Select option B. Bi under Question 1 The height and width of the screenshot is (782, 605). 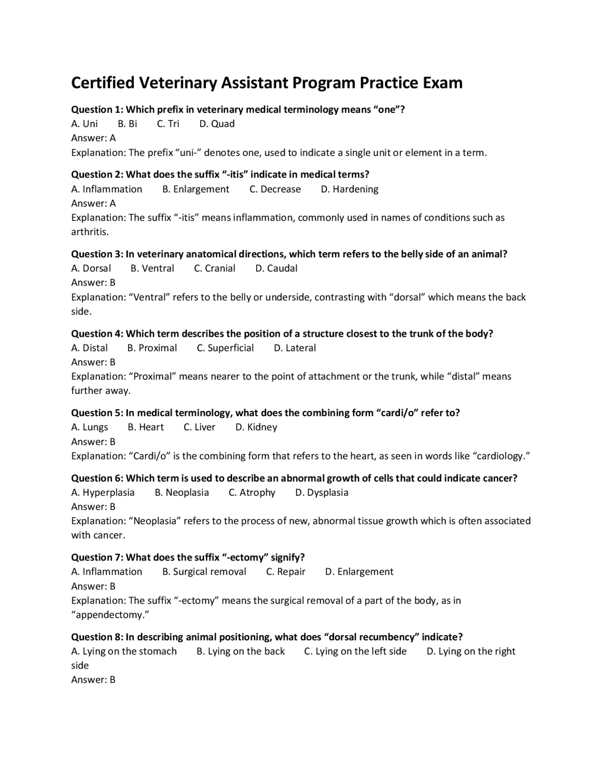click(127, 124)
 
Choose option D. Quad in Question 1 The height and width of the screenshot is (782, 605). click(217, 124)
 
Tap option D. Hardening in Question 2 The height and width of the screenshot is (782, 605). click(349, 189)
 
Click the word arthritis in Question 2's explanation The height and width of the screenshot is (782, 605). click(89, 232)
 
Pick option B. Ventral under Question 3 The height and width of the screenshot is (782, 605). click(152, 268)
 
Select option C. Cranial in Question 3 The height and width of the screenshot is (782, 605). click(215, 268)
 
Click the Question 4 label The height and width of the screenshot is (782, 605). click(97, 334)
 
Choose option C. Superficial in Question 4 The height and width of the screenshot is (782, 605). click(225, 348)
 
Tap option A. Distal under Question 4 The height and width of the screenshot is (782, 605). click(89, 348)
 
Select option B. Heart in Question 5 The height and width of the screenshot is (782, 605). click(146, 427)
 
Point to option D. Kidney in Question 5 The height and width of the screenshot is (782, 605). click(256, 427)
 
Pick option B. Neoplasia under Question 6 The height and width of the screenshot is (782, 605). click(181, 493)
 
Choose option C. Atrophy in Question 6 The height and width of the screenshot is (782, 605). click(252, 493)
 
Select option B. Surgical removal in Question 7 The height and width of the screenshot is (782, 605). click(204, 572)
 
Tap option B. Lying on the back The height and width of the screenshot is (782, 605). click(241, 651)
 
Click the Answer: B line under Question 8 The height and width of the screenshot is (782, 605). click(93, 680)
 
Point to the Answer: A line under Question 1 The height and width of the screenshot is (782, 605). click(93, 138)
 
